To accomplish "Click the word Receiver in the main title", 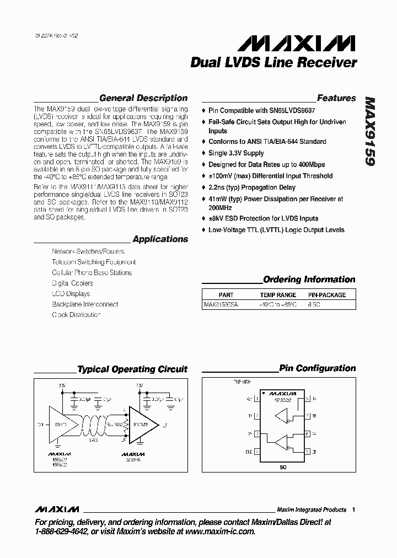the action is pyautogui.click(x=328, y=63).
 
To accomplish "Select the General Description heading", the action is pyautogui.click(x=143, y=98).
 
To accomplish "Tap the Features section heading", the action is pyautogui.click(x=336, y=98).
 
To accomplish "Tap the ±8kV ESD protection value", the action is pyautogui.click(x=217, y=219).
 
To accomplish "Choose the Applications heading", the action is pyautogui.click(x=160, y=239).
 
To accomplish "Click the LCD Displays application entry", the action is pyautogui.click(x=71, y=294).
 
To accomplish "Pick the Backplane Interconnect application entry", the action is pyautogui.click(x=85, y=304).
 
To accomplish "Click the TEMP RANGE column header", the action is pyautogui.click(x=278, y=295).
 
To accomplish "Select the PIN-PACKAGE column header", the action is pyautogui.click(x=326, y=295).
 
